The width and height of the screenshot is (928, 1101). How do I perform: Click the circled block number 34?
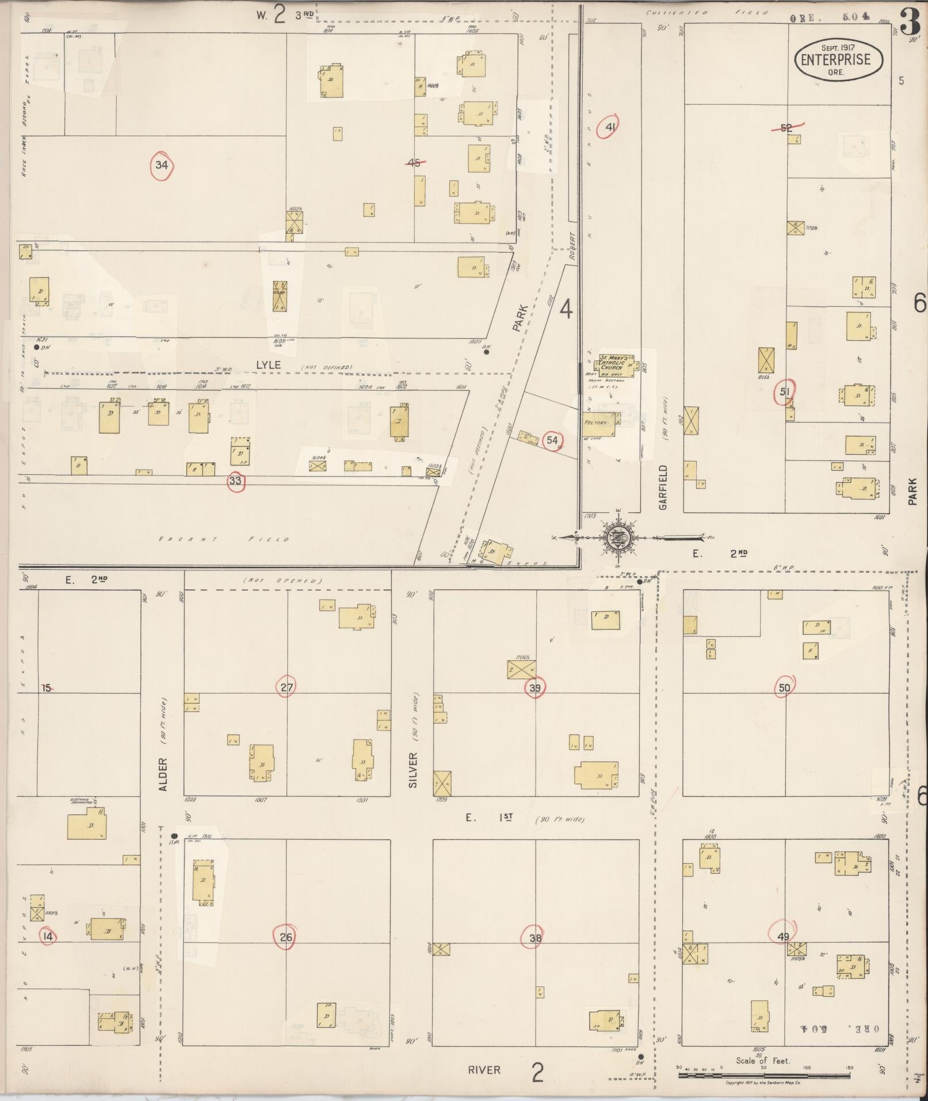coord(162,166)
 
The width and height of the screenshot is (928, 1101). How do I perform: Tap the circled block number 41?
coord(610,127)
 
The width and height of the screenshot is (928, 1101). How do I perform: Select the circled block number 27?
coord(287,687)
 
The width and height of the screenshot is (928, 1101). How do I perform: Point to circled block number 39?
coord(535,687)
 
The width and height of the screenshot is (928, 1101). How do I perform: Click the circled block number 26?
coord(286,937)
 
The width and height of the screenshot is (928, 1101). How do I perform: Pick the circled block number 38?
coord(535,938)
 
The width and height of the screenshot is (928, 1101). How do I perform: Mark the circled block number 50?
coord(784,687)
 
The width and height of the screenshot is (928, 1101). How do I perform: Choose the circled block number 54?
coord(552,440)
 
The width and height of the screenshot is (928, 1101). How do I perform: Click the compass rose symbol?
coord(619,538)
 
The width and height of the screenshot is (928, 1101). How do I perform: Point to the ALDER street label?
coord(163,774)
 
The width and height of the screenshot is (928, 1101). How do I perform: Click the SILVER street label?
coord(412,770)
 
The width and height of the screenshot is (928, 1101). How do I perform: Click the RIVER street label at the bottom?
coord(484,1070)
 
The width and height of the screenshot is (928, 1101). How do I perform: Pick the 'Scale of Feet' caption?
coord(763,1061)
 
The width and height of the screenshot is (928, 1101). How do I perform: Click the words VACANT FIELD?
coord(224,539)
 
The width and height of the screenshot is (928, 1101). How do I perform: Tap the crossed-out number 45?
coord(414,163)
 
